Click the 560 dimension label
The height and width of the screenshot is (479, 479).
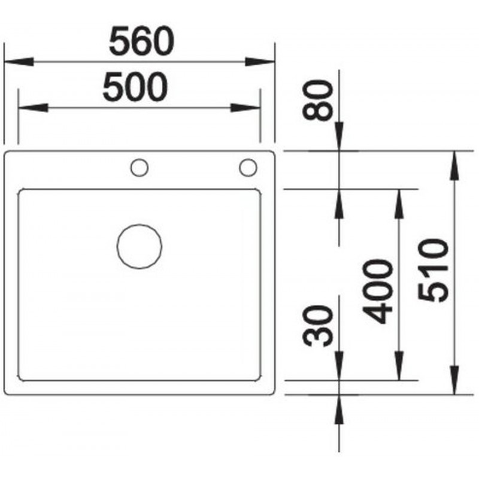pos(141,41)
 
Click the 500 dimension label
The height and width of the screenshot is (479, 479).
pos(135,87)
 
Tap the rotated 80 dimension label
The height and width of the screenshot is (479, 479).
pos(317,100)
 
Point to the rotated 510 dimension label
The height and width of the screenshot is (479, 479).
pos(433,271)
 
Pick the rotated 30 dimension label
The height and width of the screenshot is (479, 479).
pos(317,326)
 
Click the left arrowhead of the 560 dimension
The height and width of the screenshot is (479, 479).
pos(19,62)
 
